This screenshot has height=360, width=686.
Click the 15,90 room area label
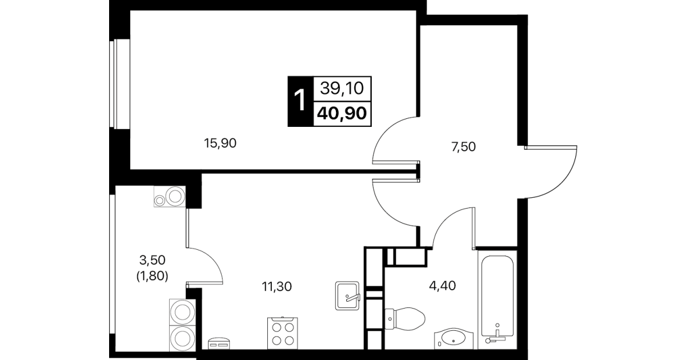pos(220,143)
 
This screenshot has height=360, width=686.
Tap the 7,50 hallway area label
pos(463,147)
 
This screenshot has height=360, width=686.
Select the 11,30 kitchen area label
pos(276,286)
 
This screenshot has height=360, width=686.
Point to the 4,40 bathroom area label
pos(442,286)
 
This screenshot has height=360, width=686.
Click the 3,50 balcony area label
pos(152,260)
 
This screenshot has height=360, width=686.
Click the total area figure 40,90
pos(342,114)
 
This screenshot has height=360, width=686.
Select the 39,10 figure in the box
pos(342,88)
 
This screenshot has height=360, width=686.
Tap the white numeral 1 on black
pos(300,101)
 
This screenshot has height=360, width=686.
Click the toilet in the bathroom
pos(405,319)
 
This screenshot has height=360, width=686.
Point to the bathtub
pos(498,299)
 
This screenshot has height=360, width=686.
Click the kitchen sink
pos(347,295)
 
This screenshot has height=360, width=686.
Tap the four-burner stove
pos(282,333)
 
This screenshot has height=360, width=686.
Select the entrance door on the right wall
pos(551,172)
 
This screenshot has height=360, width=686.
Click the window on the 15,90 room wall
pos(120,84)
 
